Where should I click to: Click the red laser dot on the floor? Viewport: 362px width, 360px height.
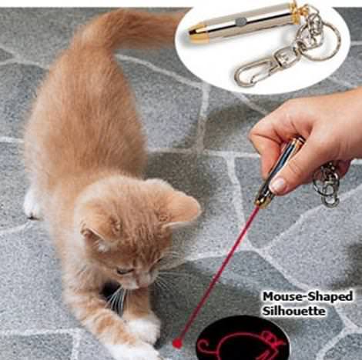click(177, 343)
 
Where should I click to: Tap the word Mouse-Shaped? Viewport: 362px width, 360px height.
click(307, 297)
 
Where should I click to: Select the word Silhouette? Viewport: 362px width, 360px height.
click(293, 311)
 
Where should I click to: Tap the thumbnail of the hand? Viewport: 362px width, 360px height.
click(278, 185)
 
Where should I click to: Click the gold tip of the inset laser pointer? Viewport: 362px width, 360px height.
click(198, 33)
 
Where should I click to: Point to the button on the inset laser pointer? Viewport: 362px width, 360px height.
click(240, 23)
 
